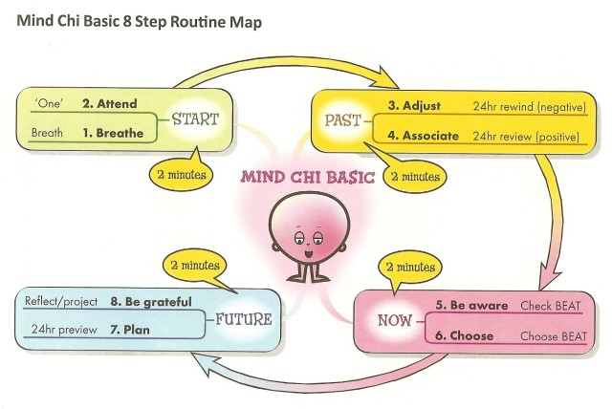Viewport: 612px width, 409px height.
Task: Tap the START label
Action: pyautogui.click(x=196, y=119)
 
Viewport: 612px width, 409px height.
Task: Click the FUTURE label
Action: pyautogui.click(x=244, y=318)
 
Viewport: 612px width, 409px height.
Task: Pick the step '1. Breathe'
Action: pyautogui.click(x=113, y=134)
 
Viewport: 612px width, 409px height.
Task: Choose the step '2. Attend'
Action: pyautogui.click(x=110, y=102)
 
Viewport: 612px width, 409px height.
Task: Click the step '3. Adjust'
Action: pyautogui.click(x=414, y=105)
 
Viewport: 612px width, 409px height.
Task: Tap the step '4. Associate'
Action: pyautogui.click(x=424, y=136)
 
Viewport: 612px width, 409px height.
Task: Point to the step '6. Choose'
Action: pyautogui.click(x=464, y=336)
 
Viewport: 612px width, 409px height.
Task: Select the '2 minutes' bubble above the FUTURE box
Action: pyautogui.click(x=190, y=264)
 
